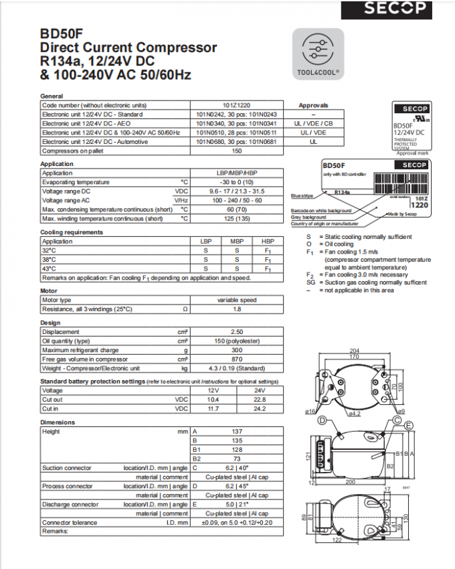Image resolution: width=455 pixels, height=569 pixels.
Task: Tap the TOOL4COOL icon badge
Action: (x=318, y=54)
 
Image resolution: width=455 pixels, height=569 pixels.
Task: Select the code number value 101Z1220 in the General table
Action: (x=237, y=105)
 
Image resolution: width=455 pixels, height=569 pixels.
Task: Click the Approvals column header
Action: (x=313, y=105)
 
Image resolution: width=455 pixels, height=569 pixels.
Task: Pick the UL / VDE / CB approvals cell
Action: (x=313, y=123)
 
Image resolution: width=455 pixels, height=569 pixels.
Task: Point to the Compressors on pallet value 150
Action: (x=237, y=151)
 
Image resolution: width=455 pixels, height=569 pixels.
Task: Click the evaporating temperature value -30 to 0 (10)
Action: (x=237, y=182)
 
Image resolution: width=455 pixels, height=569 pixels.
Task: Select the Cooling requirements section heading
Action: (x=72, y=232)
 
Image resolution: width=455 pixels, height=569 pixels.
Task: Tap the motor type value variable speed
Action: (x=237, y=300)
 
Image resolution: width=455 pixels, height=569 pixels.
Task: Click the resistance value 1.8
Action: (x=237, y=309)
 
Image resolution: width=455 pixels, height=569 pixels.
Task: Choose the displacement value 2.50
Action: (x=237, y=332)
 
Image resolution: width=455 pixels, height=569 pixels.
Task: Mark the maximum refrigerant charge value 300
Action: (x=237, y=350)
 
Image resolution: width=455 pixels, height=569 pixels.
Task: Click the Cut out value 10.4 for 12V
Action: (x=213, y=400)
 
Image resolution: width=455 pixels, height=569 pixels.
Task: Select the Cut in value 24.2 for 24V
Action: (x=260, y=408)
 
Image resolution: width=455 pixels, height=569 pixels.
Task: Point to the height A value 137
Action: (x=237, y=432)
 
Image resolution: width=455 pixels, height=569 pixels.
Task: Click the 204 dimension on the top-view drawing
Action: (x=354, y=351)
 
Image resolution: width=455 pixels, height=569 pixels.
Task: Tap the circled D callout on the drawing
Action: (x=322, y=420)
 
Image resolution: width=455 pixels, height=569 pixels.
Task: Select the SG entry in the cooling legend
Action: (x=310, y=282)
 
